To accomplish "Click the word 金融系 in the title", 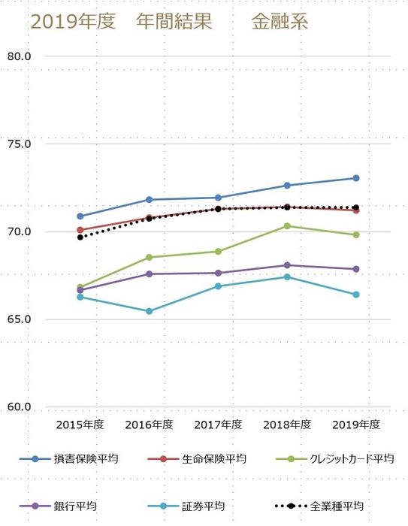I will tap(279, 23).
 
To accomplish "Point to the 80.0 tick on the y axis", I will tap(18, 56).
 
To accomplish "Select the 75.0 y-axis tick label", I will tap(18, 144).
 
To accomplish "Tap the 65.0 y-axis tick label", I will tap(18, 319).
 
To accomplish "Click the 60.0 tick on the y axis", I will tap(18, 407).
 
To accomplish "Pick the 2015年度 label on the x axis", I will tap(80, 425).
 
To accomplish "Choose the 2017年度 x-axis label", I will tap(218, 425).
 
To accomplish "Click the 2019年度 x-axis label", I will tap(356, 425).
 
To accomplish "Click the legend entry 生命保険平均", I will tap(213, 458).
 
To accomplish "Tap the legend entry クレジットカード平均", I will tap(351, 458).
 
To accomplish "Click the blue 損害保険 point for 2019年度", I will tap(356, 178).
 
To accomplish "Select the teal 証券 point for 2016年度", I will tap(149, 311).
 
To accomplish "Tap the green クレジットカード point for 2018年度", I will tap(287, 226).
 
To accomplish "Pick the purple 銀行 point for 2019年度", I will tap(356, 269).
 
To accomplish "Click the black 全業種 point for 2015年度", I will tap(80, 237).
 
